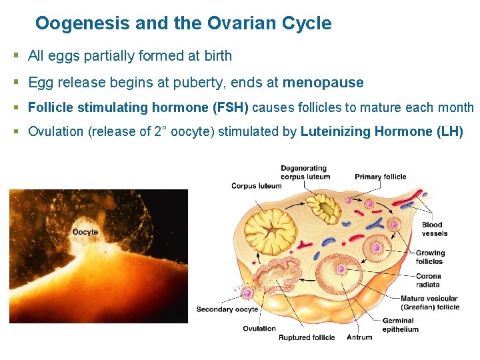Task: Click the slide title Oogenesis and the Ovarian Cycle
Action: (x=183, y=24)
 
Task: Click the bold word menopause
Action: (x=323, y=83)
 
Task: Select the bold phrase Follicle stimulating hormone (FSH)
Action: (x=139, y=107)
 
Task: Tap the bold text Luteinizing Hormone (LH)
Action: (x=382, y=131)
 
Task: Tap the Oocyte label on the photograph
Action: (x=85, y=232)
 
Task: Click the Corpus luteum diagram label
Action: (x=256, y=186)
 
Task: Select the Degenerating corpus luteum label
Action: (x=305, y=173)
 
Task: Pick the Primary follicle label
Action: (x=380, y=177)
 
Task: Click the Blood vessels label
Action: (x=435, y=229)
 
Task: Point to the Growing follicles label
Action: (x=430, y=257)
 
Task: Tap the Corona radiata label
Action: (x=428, y=281)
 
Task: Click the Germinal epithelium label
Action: (x=400, y=325)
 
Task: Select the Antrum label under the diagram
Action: (x=359, y=337)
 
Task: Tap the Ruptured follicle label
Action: (x=307, y=337)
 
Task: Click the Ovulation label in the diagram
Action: (x=259, y=328)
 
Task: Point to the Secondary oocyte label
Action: (x=227, y=309)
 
